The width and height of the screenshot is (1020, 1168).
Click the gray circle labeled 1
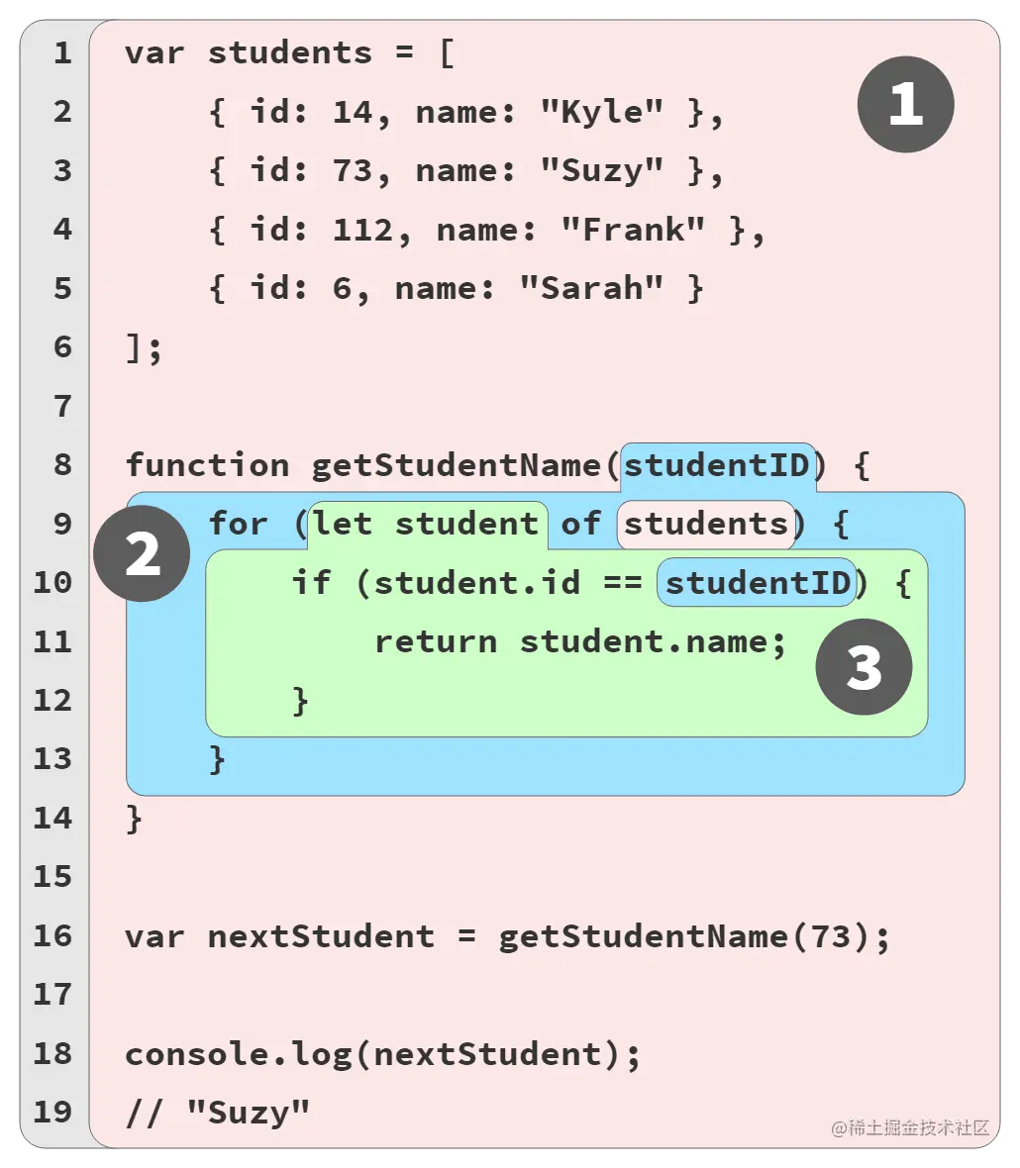(x=905, y=104)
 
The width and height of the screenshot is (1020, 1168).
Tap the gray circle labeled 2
(x=142, y=554)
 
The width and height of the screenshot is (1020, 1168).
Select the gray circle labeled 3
(x=864, y=667)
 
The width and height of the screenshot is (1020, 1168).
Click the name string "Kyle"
(x=601, y=112)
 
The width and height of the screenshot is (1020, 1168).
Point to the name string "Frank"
(x=633, y=230)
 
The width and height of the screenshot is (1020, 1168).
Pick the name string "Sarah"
(x=591, y=288)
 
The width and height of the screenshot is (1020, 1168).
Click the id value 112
(x=362, y=230)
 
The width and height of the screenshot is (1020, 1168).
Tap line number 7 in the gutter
(x=62, y=406)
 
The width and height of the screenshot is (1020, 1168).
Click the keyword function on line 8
(x=207, y=464)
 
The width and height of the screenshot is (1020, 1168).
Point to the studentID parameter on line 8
(x=717, y=464)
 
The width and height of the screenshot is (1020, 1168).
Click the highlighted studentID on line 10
(x=758, y=582)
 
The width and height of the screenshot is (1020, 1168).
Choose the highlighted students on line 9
(x=705, y=524)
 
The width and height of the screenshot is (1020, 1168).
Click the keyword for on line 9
(x=238, y=524)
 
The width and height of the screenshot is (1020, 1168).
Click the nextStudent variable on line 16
(x=321, y=935)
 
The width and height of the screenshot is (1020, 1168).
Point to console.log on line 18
(x=238, y=1053)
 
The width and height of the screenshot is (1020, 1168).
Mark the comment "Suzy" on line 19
(x=248, y=1113)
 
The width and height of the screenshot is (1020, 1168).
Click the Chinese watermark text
(x=910, y=1127)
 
